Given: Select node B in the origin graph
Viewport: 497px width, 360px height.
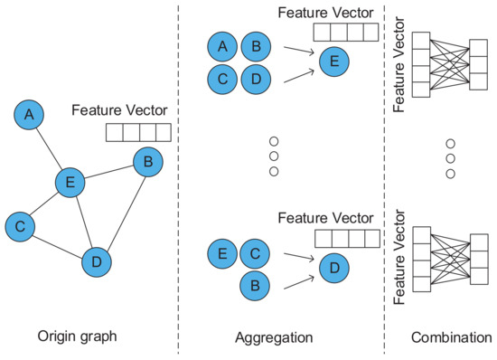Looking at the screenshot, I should click(x=147, y=163).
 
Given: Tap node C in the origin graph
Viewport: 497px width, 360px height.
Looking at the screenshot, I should click(x=20, y=226).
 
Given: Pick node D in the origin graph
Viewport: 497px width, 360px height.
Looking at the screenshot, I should click(x=96, y=262).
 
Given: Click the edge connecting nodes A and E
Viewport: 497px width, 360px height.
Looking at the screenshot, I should click(x=49, y=148).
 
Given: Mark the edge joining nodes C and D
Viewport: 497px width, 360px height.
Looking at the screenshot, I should click(x=58, y=244).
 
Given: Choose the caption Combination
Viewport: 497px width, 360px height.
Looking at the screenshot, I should click(x=445, y=337).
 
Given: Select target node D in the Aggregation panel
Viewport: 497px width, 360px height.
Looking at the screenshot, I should click(x=333, y=268).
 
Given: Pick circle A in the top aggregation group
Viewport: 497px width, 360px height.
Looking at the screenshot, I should click(x=222, y=46).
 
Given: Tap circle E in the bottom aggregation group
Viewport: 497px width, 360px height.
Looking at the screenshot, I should click(x=222, y=253).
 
